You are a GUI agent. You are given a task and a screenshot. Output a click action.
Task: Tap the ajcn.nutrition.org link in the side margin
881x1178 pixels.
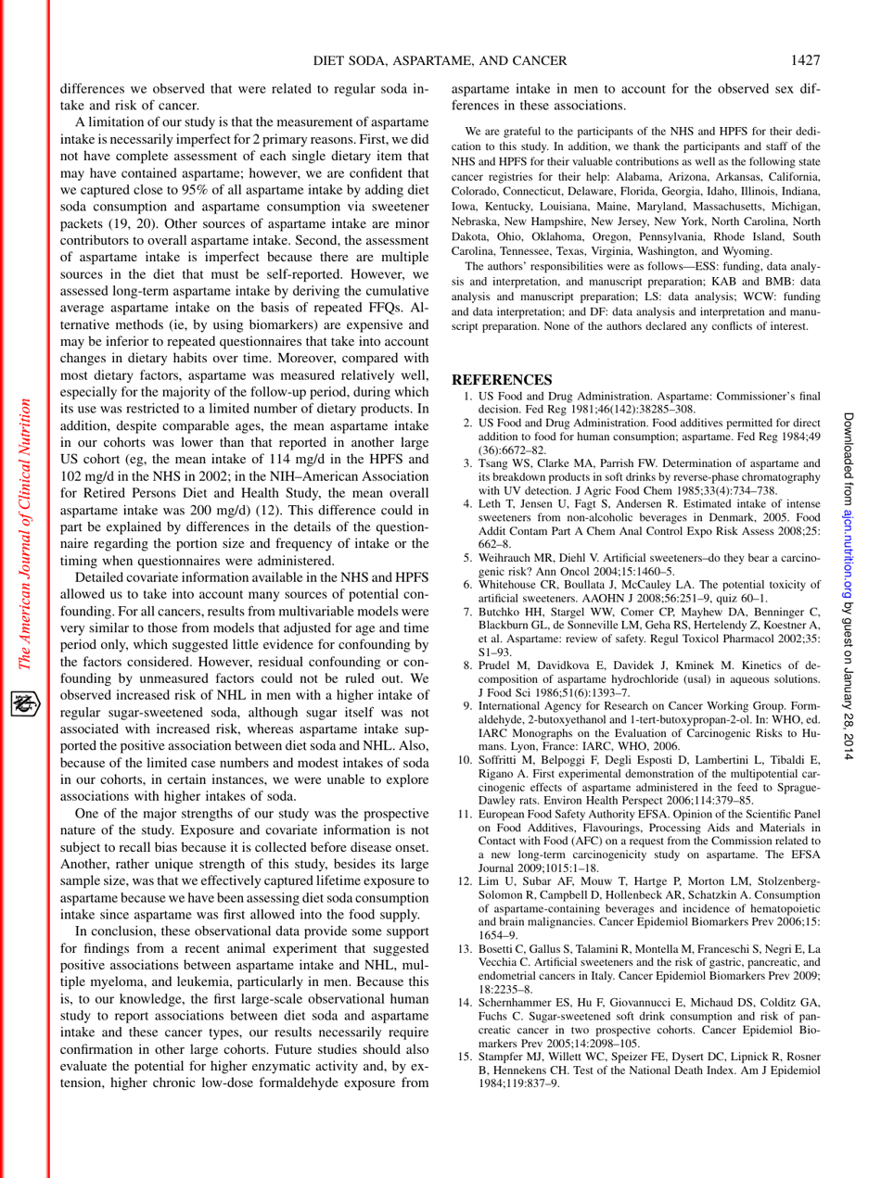(862, 567)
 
